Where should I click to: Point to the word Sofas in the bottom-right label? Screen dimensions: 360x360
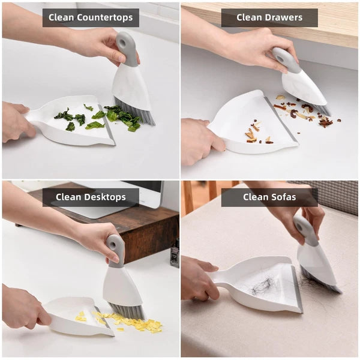pos(294,197)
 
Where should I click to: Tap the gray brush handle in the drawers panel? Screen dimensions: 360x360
pos(286,60)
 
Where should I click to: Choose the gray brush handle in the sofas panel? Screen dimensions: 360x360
pos(305,231)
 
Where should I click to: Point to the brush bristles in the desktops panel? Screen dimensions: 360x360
pos(128,310)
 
